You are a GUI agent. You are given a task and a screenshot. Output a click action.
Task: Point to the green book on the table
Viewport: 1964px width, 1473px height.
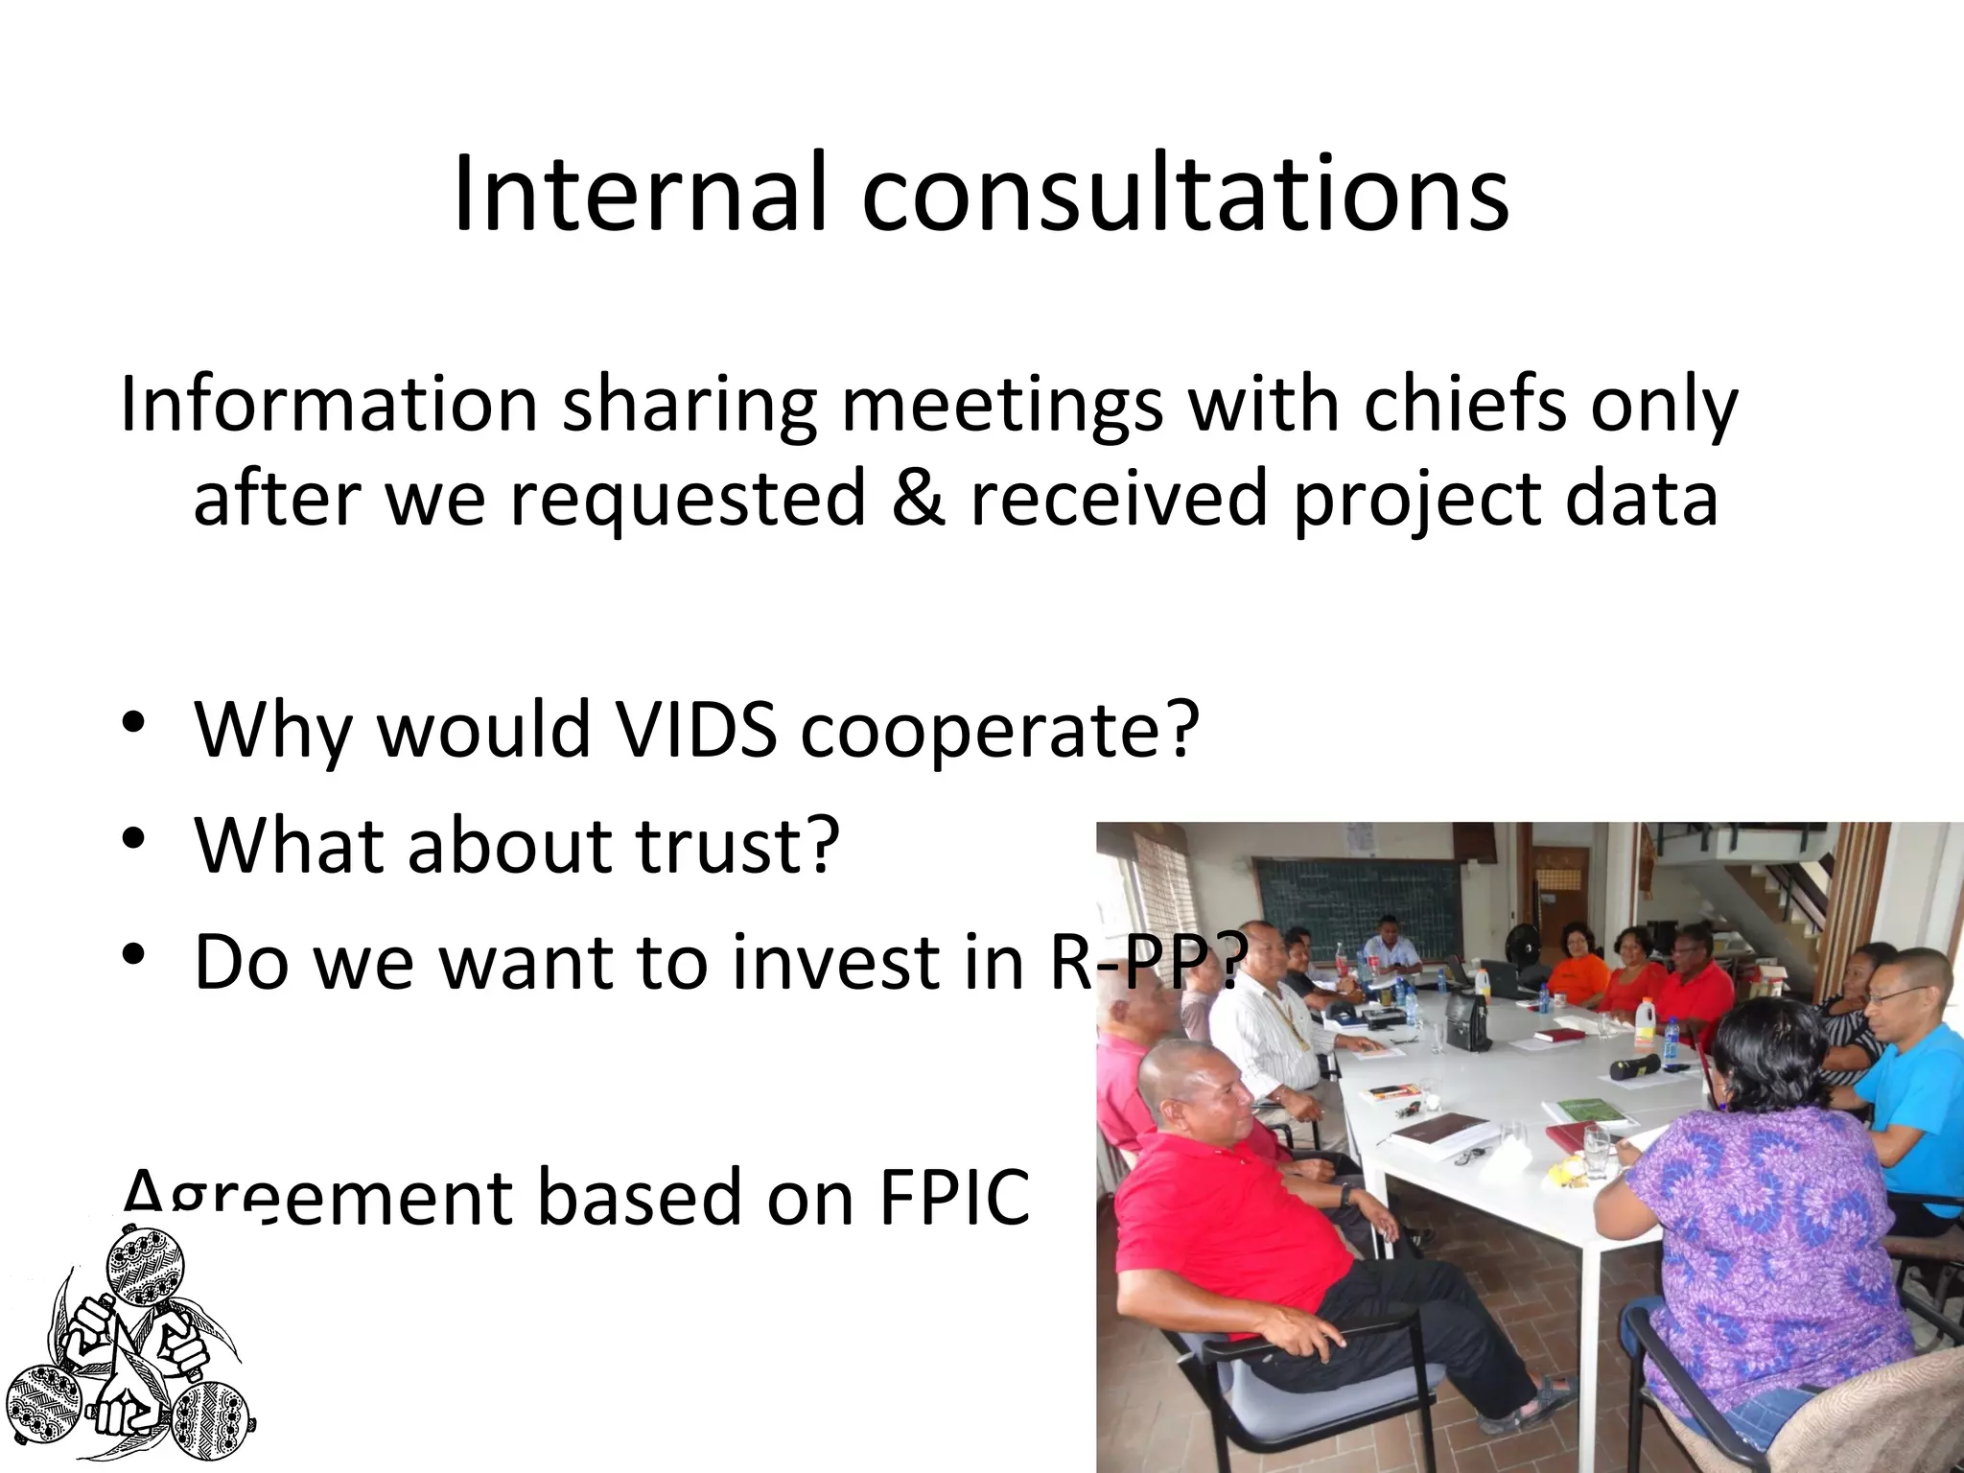(x=1587, y=1111)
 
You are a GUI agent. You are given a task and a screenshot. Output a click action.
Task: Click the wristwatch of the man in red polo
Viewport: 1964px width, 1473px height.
(x=1347, y=1195)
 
